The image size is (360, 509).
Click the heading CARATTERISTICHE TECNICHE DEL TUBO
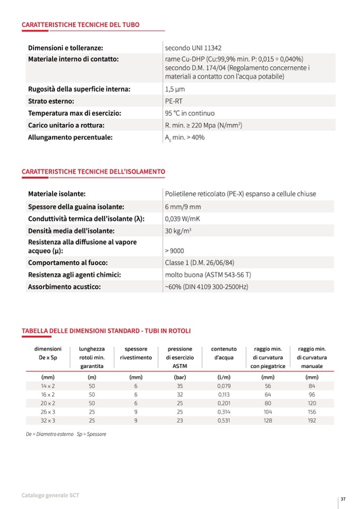[80, 24]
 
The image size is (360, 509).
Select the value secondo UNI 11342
[191, 48]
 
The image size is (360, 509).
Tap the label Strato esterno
[50, 101]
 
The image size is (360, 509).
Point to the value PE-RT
[174, 101]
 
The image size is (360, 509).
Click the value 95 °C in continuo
[190, 113]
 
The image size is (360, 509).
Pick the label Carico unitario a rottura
[66, 125]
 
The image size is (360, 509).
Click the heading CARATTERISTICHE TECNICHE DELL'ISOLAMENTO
[93, 171]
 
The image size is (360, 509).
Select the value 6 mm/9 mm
[183, 206]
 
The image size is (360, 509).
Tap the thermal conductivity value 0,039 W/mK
[185, 219]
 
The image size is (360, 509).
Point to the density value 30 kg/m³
[178, 231]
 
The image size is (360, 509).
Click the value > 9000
[175, 251]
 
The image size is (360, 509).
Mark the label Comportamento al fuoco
[67, 262]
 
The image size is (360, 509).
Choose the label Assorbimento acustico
[64, 287]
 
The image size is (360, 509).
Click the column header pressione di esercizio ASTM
[180, 357]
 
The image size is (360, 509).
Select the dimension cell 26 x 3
[48, 412]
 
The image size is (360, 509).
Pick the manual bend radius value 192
[312, 420]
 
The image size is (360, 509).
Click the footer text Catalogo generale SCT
[50, 495]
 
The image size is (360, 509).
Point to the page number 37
[344, 499]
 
